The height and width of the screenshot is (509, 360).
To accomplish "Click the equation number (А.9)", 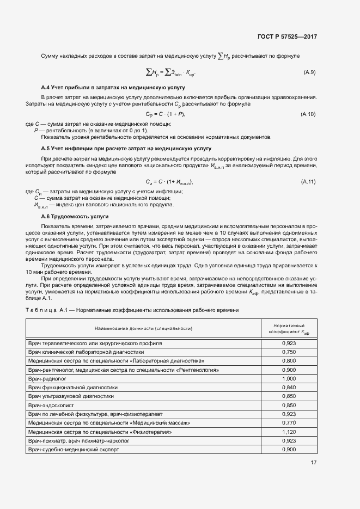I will pyautogui.click(x=309, y=72).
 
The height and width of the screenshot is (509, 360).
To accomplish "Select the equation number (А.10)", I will pyautogui.click(x=308, y=114).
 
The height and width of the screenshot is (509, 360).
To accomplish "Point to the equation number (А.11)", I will pyautogui.click(x=308, y=181).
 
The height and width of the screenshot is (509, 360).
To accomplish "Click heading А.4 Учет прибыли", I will pyautogui.click(x=114, y=87).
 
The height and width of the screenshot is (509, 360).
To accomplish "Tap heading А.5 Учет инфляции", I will pyautogui.click(x=126, y=148).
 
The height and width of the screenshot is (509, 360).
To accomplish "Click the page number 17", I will pyautogui.click(x=313, y=462).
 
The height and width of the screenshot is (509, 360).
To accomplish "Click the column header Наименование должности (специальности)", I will pyautogui.click(x=144, y=329).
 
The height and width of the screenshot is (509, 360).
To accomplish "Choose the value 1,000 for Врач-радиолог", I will pyautogui.click(x=289, y=378).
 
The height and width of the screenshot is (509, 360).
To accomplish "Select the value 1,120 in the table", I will pyautogui.click(x=289, y=432).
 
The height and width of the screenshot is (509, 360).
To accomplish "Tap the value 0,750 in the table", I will pyautogui.click(x=289, y=352).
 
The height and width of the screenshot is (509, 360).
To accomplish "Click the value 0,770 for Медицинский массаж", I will pyautogui.click(x=289, y=422).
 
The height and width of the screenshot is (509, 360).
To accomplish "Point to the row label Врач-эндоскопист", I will pyautogui.click(x=51, y=405).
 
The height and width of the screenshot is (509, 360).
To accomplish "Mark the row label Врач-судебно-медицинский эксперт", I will pyautogui.click(x=73, y=450).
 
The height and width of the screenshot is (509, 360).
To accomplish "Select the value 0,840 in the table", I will pyautogui.click(x=289, y=387).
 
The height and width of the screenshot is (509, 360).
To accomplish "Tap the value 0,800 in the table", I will pyautogui.click(x=289, y=361).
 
